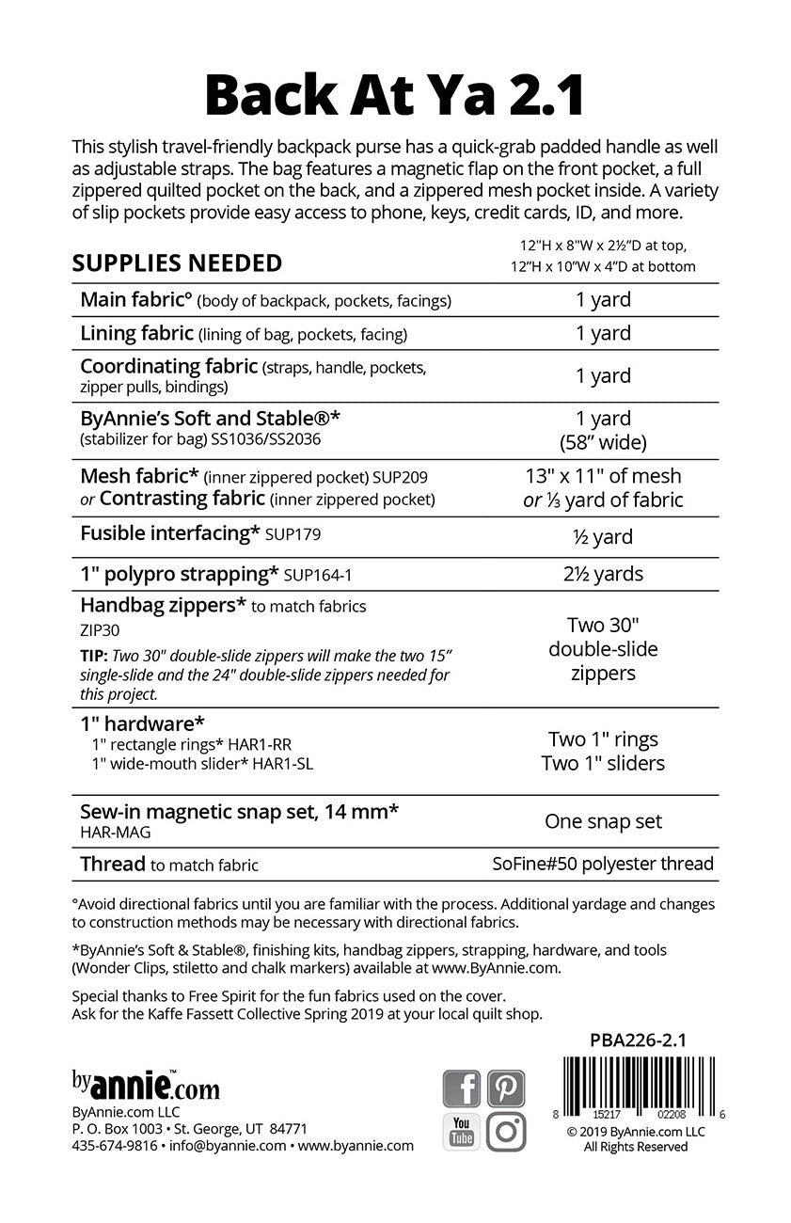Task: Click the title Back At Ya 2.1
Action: tap(395, 95)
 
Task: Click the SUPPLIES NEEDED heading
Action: tap(177, 262)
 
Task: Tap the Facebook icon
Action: tap(461, 1088)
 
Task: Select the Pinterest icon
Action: tap(506, 1088)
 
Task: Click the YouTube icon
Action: tap(461, 1132)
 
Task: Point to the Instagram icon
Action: tap(506, 1132)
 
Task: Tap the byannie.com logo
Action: tap(146, 1088)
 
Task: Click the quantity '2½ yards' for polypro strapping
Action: tap(603, 573)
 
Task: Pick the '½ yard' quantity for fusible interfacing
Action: tap(603, 536)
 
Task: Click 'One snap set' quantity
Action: tap(603, 821)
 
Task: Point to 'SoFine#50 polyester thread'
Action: tap(603, 864)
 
